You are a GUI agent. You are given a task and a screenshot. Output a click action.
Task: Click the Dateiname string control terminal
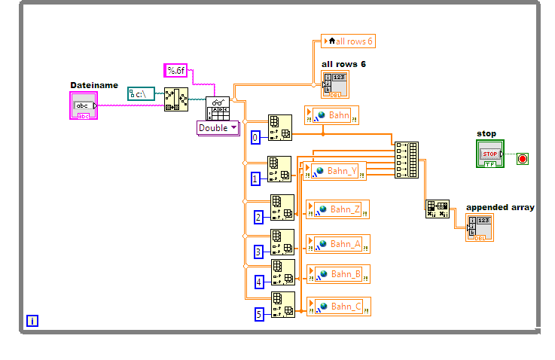[84, 106]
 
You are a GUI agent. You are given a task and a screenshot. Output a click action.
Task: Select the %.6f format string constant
[176, 71]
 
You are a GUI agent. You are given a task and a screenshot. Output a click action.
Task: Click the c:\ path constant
[142, 93]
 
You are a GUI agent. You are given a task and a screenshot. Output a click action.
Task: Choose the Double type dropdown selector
[218, 128]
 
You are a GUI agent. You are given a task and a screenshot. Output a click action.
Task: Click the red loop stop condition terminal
[523, 158]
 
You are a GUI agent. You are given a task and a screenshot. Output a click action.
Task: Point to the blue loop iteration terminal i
[32, 321]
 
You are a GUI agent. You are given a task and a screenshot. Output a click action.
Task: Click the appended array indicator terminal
[480, 227]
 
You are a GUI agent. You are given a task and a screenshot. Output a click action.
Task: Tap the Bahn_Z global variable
[338, 209]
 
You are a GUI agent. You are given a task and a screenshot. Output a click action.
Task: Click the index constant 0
[255, 138]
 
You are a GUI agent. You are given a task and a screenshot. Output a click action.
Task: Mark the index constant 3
[258, 252]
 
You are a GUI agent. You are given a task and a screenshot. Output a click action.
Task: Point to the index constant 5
[259, 314]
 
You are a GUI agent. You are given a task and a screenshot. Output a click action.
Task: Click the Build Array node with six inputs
[407, 160]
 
